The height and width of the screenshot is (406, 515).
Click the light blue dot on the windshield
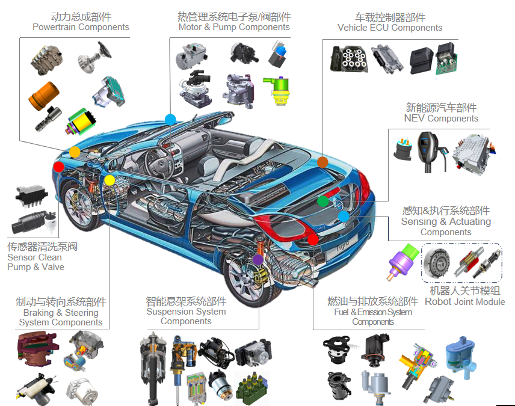(x=170, y=119)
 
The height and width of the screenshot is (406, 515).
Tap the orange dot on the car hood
(x=75, y=152)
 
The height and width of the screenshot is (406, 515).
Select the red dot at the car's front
(x=58, y=166)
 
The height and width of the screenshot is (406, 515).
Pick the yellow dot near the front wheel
(x=109, y=180)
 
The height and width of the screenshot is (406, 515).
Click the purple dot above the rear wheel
(x=257, y=259)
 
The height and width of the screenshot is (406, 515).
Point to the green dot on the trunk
(x=322, y=201)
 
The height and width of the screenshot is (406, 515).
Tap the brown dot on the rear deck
(x=322, y=162)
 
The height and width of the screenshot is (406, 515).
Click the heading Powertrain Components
(x=81, y=27)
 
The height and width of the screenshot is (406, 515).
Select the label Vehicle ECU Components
(x=390, y=28)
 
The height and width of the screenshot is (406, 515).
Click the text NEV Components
(x=441, y=118)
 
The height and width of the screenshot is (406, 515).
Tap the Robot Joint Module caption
(x=464, y=301)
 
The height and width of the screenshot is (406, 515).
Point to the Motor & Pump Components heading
(x=234, y=27)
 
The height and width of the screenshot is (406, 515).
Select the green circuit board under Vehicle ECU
(x=446, y=58)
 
